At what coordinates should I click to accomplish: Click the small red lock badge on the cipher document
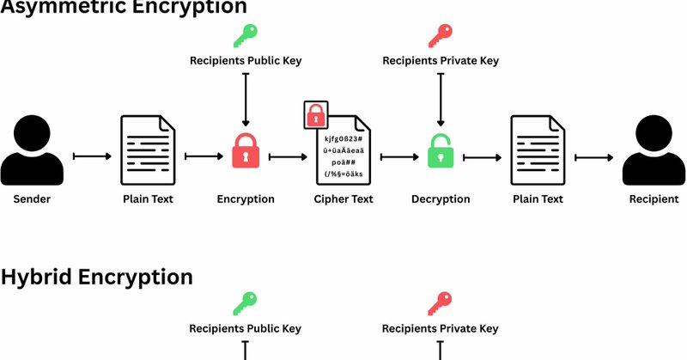316,114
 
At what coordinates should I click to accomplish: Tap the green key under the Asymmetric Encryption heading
246,35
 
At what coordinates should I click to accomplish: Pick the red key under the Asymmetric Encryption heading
441,35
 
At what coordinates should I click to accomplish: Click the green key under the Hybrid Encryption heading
246,303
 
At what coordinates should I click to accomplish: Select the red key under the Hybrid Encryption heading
441,303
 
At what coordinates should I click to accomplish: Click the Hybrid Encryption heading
96,277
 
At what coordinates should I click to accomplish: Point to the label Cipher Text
343,199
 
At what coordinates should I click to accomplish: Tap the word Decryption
441,199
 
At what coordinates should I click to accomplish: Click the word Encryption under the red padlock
246,199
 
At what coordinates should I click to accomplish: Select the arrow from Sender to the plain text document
93,156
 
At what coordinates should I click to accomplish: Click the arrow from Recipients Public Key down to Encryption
246,100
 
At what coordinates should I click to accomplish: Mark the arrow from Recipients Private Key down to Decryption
441,100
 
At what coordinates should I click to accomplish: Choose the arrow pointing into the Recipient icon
594,156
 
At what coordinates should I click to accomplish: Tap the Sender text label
33,199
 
